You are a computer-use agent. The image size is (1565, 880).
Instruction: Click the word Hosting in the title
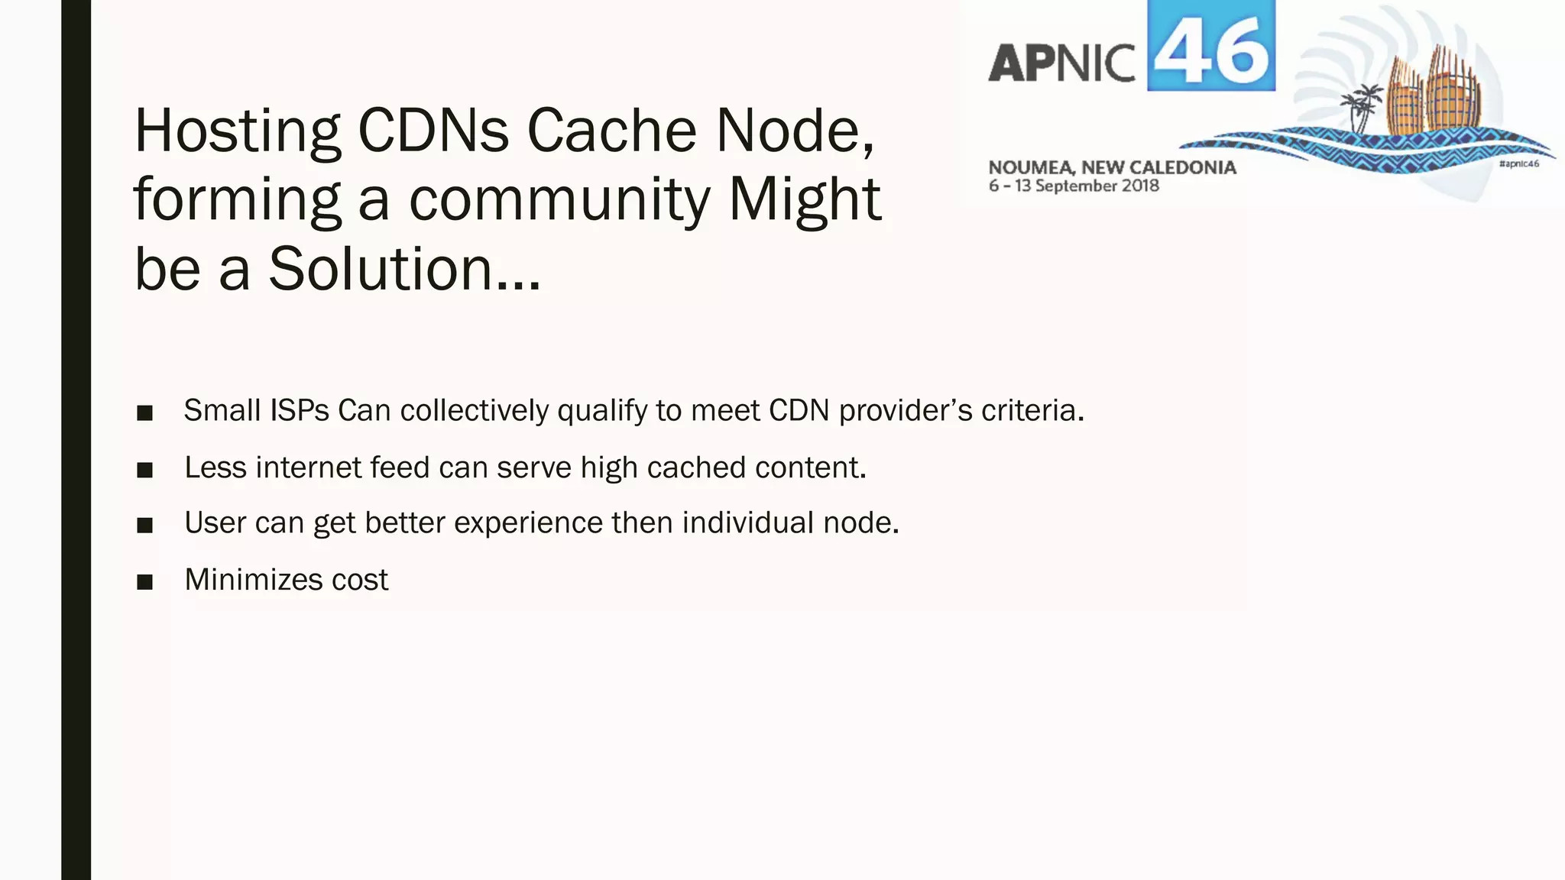237,132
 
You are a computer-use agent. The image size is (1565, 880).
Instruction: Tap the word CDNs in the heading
433,131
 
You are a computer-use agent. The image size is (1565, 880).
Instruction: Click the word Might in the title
805,199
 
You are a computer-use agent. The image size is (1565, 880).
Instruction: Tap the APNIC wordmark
1062,63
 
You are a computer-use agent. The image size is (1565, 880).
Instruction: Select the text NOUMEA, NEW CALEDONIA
1112,167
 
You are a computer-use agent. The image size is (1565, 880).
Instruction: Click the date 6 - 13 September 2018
1074,186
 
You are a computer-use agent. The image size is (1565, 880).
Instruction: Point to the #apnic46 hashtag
1518,164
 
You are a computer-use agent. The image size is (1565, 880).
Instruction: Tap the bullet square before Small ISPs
144,413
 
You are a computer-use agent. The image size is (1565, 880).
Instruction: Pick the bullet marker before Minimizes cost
144,582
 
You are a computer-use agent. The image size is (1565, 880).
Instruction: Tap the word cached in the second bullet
696,467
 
